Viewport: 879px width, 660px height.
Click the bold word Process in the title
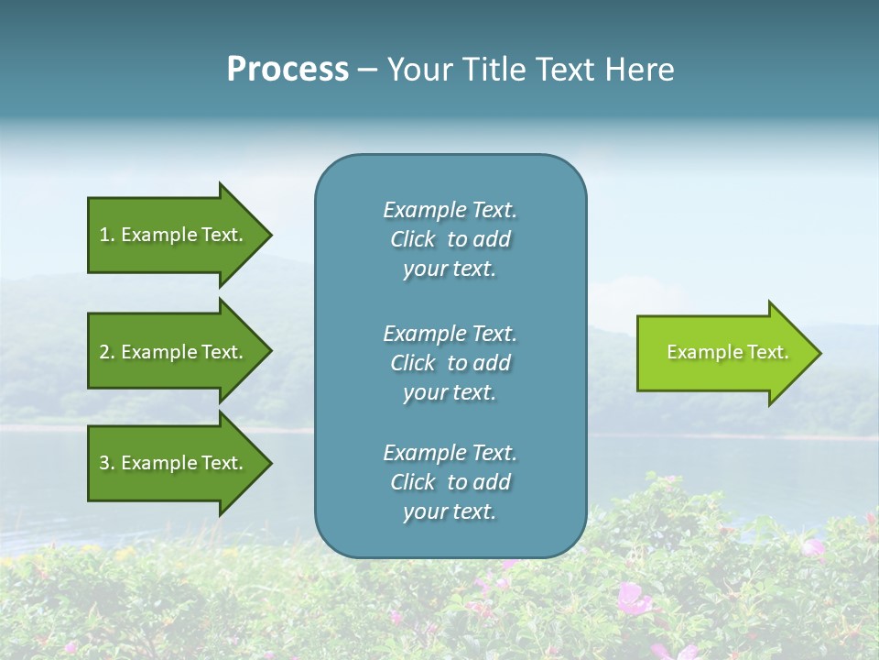click(x=288, y=70)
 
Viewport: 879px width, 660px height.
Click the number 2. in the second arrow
click(x=106, y=352)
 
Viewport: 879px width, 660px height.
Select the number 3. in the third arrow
click(x=106, y=463)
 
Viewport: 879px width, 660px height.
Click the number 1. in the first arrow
click(x=106, y=235)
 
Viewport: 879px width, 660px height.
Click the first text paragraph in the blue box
click(x=450, y=239)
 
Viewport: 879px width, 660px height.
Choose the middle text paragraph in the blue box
click(x=450, y=363)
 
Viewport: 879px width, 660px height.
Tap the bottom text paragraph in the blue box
click(x=450, y=482)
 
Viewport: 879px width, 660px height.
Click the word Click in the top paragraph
click(x=413, y=239)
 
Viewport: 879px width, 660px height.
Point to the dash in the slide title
click(x=367, y=71)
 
